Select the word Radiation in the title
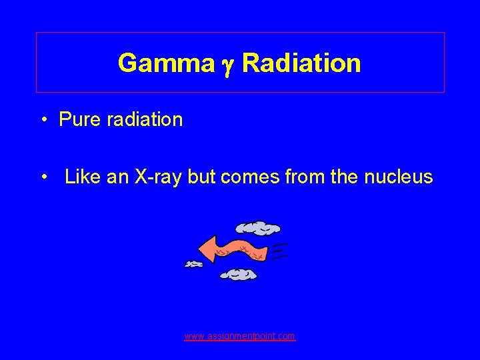click(x=301, y=63)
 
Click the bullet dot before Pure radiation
click(x=44, y=121)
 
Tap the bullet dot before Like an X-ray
click(x=44, y=178)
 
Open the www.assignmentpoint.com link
click(x=240, y=337)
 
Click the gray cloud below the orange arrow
click(x=238, y=273)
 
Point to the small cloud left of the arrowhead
click(x=193, y=265)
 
